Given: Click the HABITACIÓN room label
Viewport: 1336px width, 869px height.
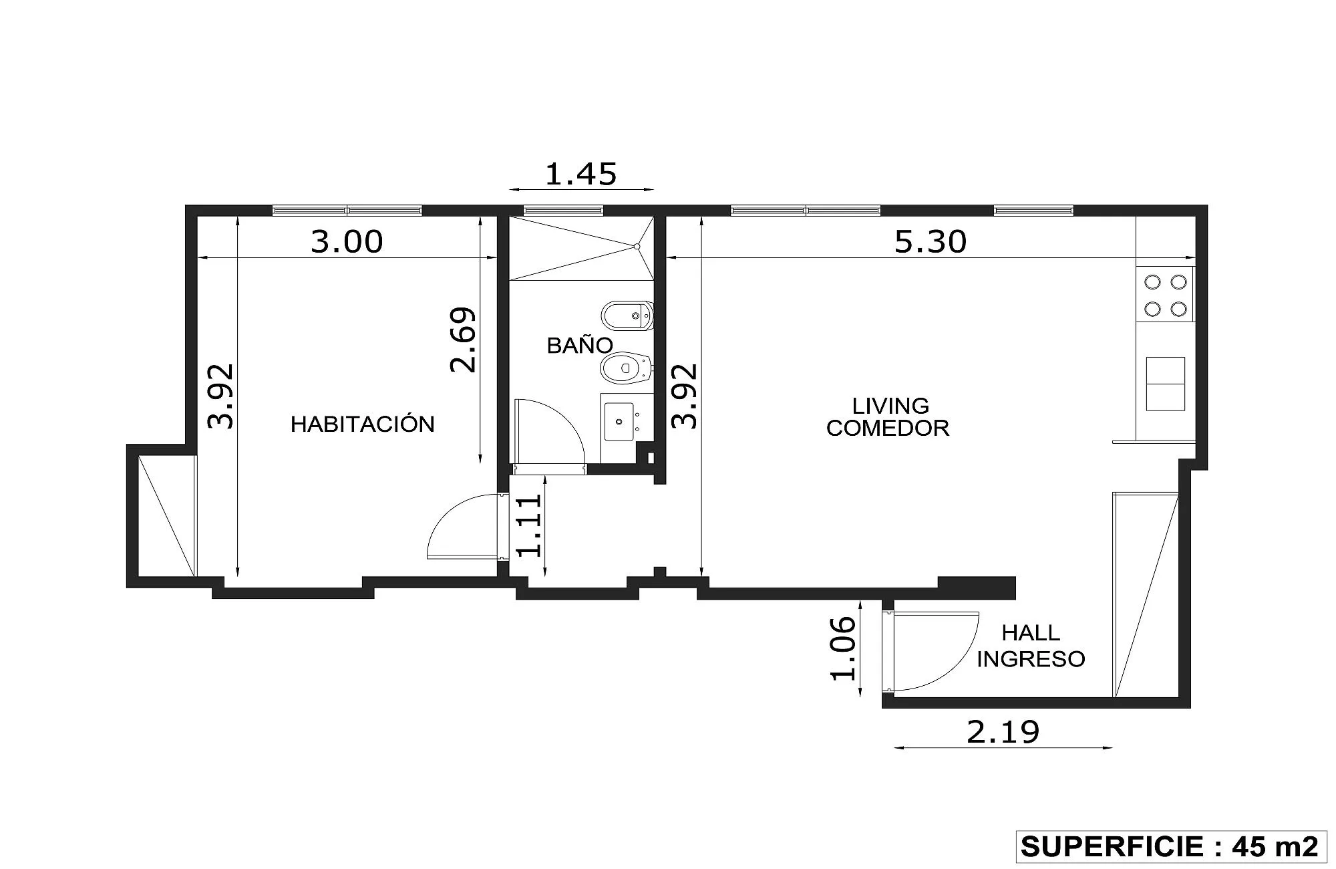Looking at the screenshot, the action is tap(362, 423).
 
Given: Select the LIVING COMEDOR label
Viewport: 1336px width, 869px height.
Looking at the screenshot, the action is tap(888, 416).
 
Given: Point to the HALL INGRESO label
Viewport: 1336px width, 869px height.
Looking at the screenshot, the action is tap(1031, 646).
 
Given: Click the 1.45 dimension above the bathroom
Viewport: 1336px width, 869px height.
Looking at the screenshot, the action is tap(581, 174).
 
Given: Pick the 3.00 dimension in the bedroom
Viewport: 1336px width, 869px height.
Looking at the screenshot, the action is tap(347, 241).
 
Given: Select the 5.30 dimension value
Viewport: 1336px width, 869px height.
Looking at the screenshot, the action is tap(931, 241).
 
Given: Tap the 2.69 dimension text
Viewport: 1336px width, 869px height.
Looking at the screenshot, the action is tap(463, 340).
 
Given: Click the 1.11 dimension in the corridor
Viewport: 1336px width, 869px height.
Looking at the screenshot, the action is tap(529, 525).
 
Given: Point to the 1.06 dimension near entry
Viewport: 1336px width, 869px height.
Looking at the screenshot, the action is tap(843, 648).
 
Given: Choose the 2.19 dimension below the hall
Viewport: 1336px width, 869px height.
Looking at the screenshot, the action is tap(1003, 733).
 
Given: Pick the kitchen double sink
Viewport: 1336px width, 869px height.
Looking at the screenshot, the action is tap(1166, 384).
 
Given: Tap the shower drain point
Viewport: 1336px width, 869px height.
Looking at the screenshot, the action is tap(637, 247).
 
